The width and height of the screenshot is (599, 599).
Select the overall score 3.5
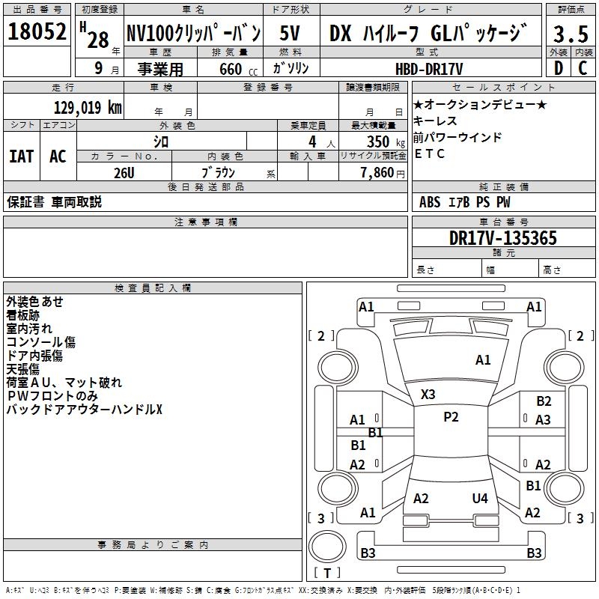tap(571, 34)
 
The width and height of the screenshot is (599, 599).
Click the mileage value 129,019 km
tap(87, 108)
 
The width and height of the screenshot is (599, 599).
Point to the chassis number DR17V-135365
tap(502, 239)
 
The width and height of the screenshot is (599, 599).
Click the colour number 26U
tap(124, 172)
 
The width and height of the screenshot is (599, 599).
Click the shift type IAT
tap(21, 156)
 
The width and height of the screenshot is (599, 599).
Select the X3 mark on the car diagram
tap(428, 394)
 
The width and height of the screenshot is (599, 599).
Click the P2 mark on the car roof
tap(451, 417)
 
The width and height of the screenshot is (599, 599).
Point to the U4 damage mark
tap(480, 498)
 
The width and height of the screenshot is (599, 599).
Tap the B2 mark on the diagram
tap(544, 401)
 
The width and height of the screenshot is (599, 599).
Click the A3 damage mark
tap(543, 420)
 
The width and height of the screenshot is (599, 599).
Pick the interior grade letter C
tap(583, 68)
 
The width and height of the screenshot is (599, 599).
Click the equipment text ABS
tap(430, 202)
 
